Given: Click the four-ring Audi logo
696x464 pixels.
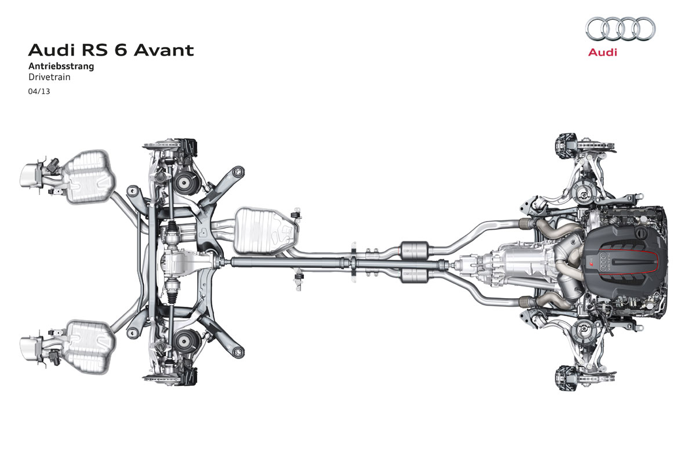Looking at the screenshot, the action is [621, 28].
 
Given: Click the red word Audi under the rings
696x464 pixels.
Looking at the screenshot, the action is [603, 52].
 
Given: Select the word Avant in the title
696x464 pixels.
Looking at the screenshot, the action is [164, 50].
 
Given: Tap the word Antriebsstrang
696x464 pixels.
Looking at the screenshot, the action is [61, 66].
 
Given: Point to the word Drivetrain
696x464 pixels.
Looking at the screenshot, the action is [49, 77].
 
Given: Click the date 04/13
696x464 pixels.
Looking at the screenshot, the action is [39, 92].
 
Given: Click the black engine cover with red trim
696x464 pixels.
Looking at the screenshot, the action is [625, 263].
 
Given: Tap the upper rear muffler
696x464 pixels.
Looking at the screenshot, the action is [89, 177].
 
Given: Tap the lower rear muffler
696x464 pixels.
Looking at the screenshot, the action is [89, 347].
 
